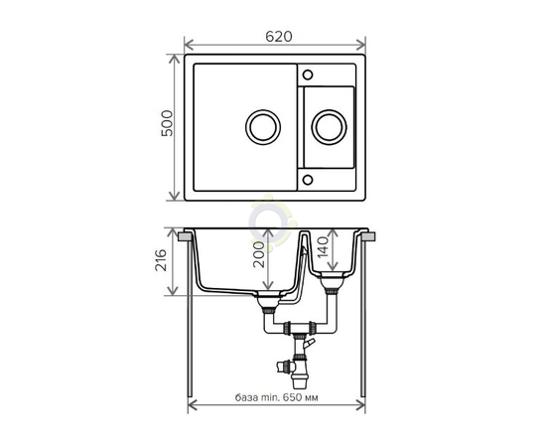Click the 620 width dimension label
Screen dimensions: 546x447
click(x=279, y=36)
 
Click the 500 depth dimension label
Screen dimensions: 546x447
click(x=167, y=123)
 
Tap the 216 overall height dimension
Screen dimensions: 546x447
click(x=161, y=260)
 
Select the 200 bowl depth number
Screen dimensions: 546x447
click(x=259, y=254)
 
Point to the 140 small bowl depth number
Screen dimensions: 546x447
click(x=323, y=246)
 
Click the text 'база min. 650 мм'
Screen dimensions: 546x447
click(x=277, y=397)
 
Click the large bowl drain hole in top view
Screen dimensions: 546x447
click(x=263, y=127)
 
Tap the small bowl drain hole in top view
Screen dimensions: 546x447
click(x=329, y=127)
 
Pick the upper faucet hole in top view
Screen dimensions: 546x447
click(x=308, y=74)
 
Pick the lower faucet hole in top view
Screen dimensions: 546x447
click(x=308, y=180)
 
